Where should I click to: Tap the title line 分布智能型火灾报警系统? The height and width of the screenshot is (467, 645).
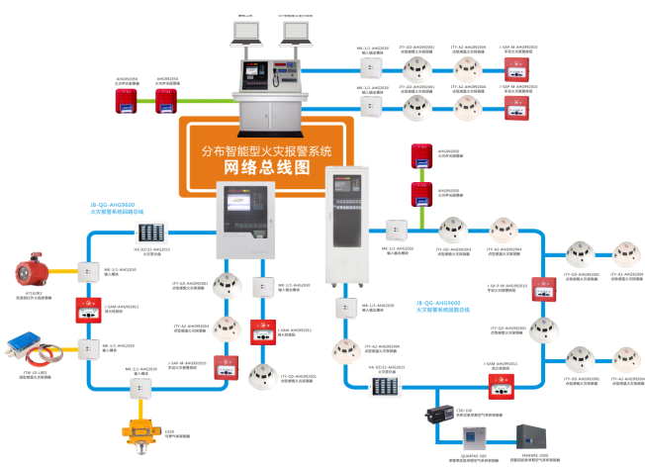pos(266,149)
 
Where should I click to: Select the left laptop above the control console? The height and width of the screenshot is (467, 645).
pos(244,34)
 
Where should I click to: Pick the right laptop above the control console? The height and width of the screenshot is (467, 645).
pos(295,34)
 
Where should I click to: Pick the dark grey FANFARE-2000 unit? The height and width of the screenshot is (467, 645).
pos(534,432)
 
